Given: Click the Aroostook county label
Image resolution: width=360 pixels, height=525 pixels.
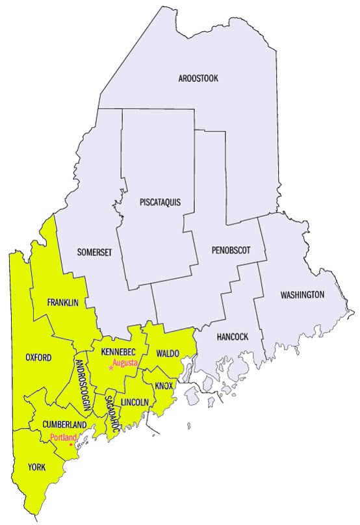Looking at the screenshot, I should click(x=198, y=79).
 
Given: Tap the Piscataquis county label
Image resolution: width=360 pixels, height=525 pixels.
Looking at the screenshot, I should click(x=160, y=202).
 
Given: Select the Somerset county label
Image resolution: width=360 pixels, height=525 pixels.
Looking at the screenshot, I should click(x=94, y=253).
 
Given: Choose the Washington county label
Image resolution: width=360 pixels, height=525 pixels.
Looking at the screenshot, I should click(x=302, y=295).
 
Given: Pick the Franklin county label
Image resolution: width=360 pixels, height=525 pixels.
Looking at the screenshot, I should click(x=62, y=303).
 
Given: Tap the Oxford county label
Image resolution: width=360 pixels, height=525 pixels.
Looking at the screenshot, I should click(x=38, y=357).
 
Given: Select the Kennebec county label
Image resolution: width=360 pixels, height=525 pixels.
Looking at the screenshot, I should click(x=118, y=352).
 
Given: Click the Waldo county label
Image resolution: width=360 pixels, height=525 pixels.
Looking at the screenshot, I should click(x=168, y=353).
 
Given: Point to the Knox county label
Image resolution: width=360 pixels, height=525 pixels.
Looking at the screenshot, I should click(x=164, y=386).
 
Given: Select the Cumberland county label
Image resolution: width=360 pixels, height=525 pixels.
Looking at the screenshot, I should click(x=65, y=424).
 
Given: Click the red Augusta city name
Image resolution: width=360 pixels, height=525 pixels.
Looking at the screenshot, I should click(x=125, y=363).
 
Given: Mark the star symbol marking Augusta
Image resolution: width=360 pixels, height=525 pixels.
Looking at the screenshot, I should click(x=111, y=368).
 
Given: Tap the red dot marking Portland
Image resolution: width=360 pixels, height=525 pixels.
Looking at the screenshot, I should click(x=71, y=445).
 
